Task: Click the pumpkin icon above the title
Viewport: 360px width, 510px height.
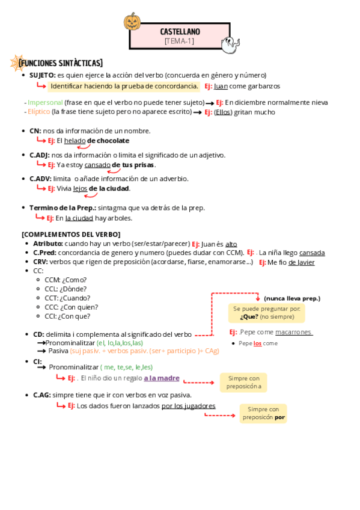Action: tap(132, 22)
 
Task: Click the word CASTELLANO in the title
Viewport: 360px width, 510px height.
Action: tap(180, 31)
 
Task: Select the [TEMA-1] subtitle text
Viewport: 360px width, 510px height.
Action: tap(179, 41)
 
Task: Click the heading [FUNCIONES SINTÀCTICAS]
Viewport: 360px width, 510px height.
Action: tap(61, 63)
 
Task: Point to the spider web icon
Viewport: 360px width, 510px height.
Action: tap(16, 62)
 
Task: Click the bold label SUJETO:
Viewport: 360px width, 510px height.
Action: tap(42, 75)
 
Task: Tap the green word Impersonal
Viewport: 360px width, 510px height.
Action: tap(45, 102)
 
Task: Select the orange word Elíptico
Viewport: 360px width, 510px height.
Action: tap(38, 112)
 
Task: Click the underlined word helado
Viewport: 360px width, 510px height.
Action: tap(75, 141)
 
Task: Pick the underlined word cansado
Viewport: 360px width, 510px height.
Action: tap(97, 165)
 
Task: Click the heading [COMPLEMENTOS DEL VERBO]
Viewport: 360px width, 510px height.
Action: tap(71, 234)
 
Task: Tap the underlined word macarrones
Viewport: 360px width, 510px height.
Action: tap(293, 332)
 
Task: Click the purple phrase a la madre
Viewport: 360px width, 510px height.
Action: tap(161, 378)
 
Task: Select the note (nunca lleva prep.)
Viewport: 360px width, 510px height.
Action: tap(292, 298)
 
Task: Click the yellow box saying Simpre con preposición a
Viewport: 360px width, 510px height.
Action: tap(243, 382)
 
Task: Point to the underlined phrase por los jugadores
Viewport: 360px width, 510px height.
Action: tap(188, 406)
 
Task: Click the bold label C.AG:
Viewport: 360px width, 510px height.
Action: tap(41, 395)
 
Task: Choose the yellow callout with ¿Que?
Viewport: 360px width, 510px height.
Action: tap(266, 313)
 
